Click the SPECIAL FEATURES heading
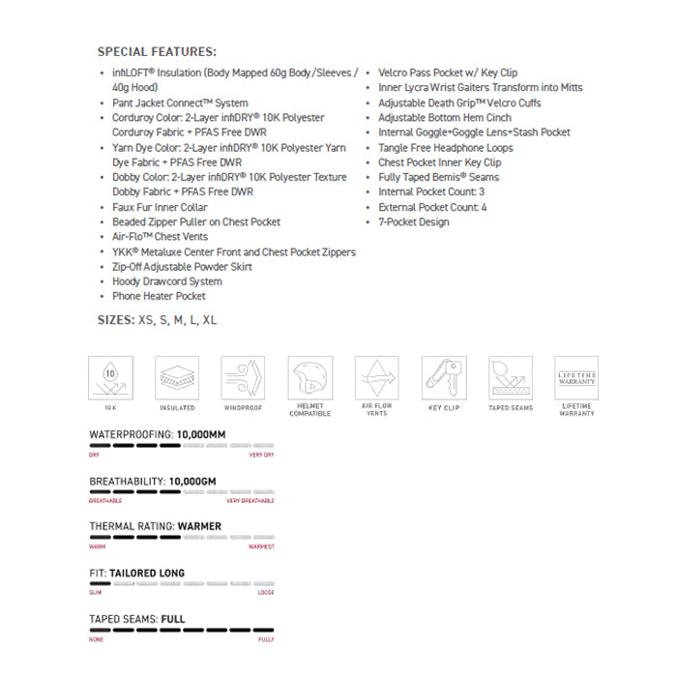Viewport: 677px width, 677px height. click(157, 51)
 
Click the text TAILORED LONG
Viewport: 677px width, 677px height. click(147, 574)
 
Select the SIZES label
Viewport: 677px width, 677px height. click(115, 318)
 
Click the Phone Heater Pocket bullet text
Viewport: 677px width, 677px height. click(159, 296)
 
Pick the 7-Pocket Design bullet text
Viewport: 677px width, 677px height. click(414, 221)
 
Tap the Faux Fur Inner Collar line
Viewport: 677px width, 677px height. click(160, 207)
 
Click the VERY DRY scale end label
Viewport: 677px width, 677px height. click(261, 455)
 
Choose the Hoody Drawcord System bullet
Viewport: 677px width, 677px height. click(166, 281)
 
